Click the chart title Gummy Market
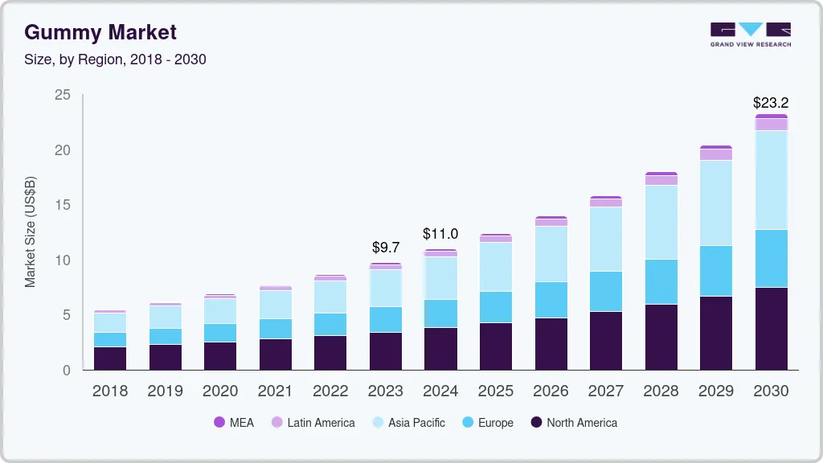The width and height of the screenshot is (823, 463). click(x=100, y=32)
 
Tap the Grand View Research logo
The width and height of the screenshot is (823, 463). click(x=750, y=34)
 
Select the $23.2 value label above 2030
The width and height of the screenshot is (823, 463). click(x=770, y=103)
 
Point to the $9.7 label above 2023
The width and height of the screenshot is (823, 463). click(x=385, y=248)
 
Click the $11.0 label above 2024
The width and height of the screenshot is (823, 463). click(x=440, y=234)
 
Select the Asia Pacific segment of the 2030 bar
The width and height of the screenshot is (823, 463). click(x=771, y=180)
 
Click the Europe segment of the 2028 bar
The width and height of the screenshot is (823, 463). click(x=661, y=281)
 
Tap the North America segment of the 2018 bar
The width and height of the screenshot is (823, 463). click(x=110, y=358)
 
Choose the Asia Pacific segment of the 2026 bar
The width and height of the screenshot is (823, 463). click(x=551, y=254)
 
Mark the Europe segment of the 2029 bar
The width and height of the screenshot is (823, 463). click(x=715, y=271)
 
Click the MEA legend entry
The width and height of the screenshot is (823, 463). click(x=233, y=423)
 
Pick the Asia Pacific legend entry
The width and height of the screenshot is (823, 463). click(x=407, y=423)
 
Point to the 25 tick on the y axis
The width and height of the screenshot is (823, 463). click(x=62, y=96)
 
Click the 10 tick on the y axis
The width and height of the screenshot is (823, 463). click(x=62, y=260)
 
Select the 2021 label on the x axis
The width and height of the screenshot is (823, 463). click(x=275, y=391)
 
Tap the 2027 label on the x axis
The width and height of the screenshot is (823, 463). click(x=605, y=391)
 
